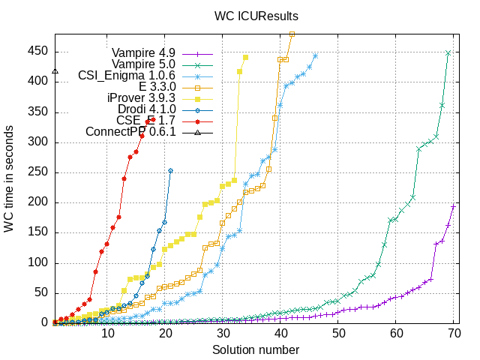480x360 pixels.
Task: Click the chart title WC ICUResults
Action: point(256,14)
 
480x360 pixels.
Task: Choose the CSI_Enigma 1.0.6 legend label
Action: point(127,76)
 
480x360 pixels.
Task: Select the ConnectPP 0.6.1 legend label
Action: point(130,133)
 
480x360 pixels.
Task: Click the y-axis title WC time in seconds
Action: point(10,179)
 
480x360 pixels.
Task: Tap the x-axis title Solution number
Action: point(256,350)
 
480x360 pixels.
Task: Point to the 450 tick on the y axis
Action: point(39,52)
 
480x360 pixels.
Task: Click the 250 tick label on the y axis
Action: point(39,172)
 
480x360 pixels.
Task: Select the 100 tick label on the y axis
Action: point(39,262)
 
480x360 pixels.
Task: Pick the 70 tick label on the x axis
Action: point(454,334)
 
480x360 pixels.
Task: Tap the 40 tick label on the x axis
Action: point(280,334)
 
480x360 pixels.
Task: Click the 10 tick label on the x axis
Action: point(108,334)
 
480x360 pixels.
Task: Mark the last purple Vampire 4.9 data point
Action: point(454,206)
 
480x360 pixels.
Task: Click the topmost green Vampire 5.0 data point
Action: point(448,52)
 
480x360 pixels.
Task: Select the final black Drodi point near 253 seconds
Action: point(170,170)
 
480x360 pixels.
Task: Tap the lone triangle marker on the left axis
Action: point(55,72)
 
